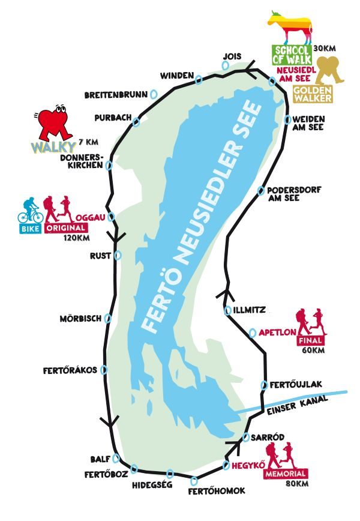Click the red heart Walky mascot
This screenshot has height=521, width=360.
53,122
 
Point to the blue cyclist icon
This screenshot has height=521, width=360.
31,210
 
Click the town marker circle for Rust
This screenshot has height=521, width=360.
118,255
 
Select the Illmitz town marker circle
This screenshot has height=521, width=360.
227,310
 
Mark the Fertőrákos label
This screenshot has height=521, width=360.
70,370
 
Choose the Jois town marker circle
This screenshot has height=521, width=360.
226,66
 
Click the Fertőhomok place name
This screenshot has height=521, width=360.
217,491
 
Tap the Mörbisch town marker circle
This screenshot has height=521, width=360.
108,318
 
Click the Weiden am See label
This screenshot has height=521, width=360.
307,123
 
